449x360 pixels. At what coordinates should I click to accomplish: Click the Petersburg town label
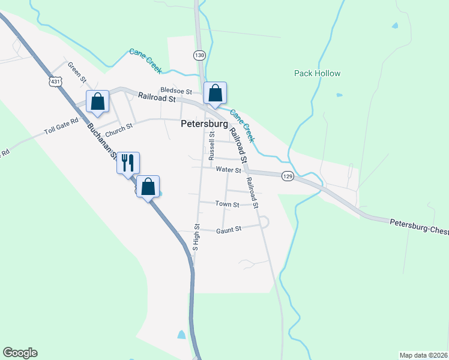(x=204, y=124)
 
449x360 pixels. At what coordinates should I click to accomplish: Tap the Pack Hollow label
(x=317, y=74)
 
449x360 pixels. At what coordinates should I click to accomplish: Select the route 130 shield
(x=199, y=55)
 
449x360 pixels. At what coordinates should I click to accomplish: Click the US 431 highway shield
(x=56, y=81)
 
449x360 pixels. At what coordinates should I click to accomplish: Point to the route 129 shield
(x=288, y=175)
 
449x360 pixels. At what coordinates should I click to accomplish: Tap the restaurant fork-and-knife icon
(x=128, y=162)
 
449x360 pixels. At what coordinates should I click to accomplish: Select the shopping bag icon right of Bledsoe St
(x=215, y=93)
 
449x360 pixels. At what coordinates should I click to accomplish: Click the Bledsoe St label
(x=175, y=92)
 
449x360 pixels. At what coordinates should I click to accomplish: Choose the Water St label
(x=228, y=170)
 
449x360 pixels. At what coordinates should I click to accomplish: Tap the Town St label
(x=227, y=205)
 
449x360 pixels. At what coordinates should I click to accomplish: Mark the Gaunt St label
(x=228, y=229)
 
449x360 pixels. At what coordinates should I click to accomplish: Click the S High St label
(x=196, y=237)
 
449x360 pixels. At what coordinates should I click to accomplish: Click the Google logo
(x=20, y=353)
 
